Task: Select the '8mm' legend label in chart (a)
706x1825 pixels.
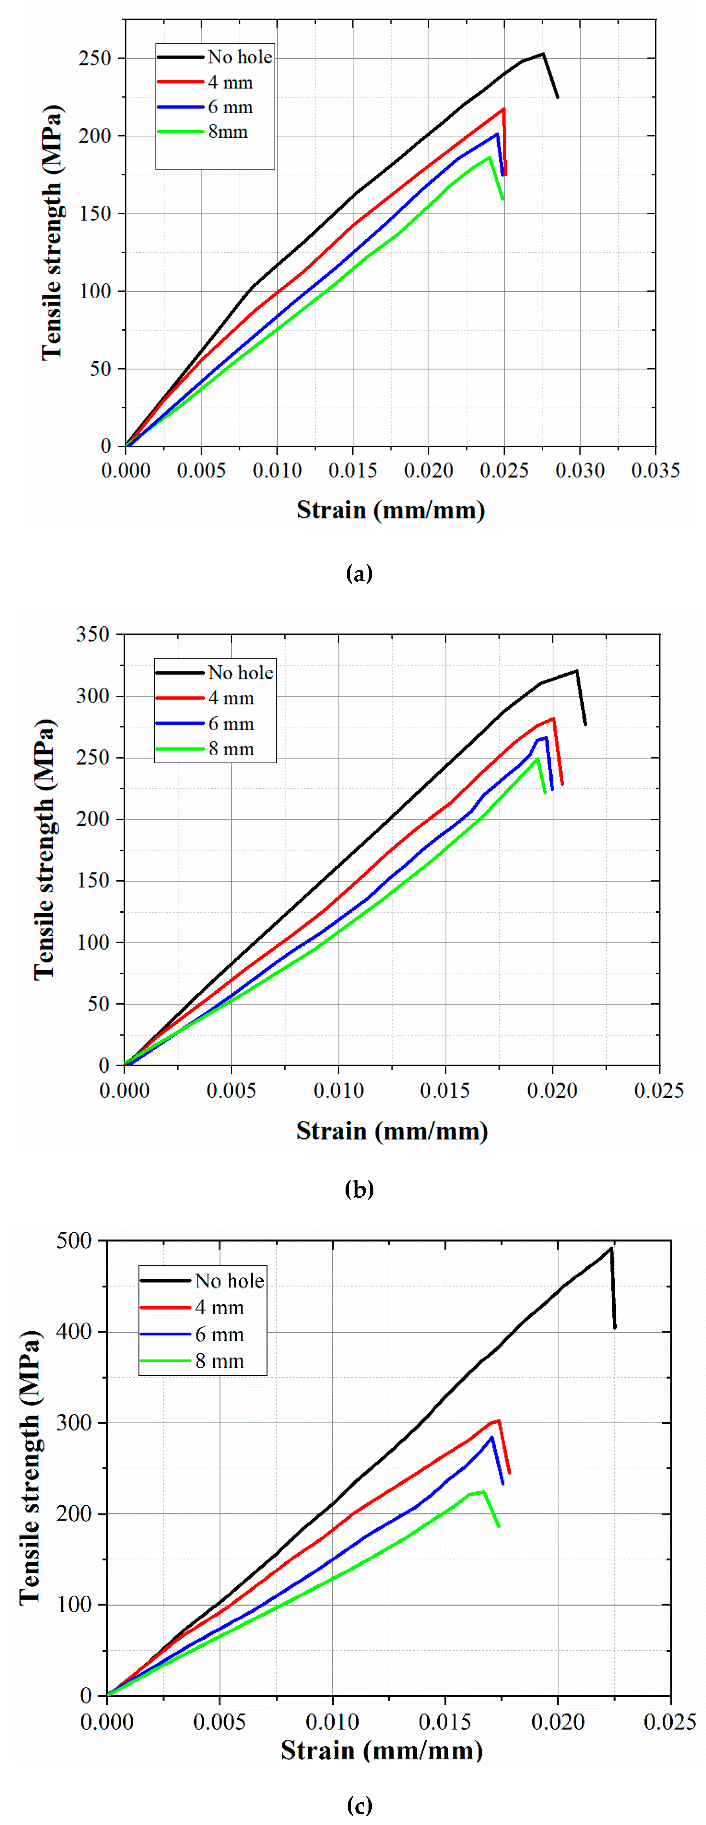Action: point(227,132)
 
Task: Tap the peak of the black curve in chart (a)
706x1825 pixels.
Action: point(543,54)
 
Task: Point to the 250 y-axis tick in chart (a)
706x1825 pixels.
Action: point(95,58)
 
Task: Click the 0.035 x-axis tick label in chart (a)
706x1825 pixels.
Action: point(655,470)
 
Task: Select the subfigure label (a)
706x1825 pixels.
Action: point(359,573)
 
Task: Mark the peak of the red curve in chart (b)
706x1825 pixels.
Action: point(553,718)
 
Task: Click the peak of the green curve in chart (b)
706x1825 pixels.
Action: point(537,759)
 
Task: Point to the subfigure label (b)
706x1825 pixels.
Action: point(359,1189)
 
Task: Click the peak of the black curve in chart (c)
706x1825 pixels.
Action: point(611,1248)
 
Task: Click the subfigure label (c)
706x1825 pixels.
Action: point(359,1805)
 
